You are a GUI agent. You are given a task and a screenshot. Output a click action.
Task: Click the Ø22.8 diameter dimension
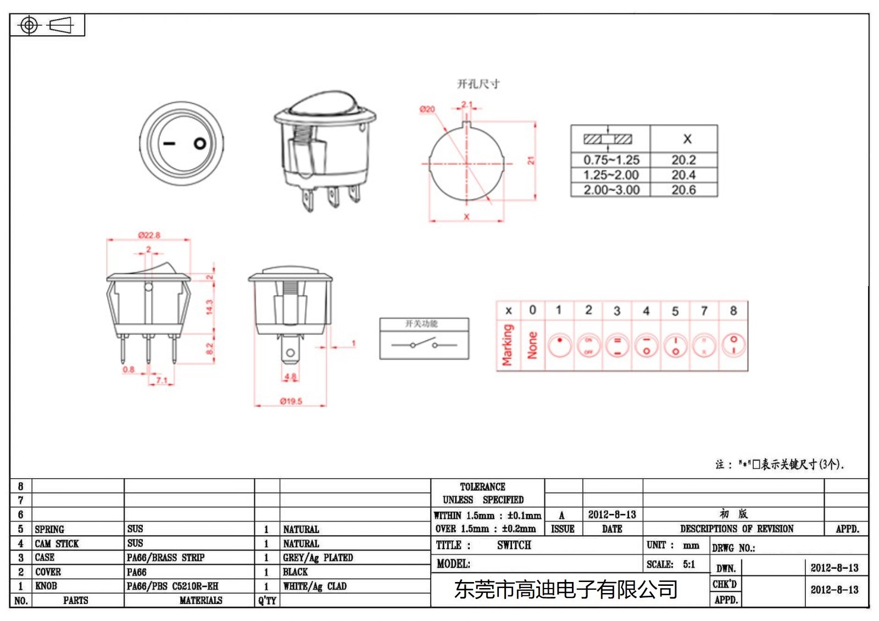(149, 235)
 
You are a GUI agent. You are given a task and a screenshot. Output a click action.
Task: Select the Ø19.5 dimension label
(291, 401)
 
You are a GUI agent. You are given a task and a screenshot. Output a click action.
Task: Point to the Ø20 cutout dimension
(427, 109)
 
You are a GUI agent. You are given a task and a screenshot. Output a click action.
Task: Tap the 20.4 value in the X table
(683, 175)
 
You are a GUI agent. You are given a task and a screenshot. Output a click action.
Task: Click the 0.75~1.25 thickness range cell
(611, 160)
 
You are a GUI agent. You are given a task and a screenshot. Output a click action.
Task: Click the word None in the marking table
(532, 345)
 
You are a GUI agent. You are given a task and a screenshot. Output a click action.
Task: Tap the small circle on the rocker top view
(200, 144)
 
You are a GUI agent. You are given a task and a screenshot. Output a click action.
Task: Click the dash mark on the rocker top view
(169, 144)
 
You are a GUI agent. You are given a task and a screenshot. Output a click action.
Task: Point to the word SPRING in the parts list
(49, 529)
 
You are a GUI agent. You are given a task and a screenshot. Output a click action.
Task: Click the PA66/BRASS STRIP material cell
(165, 558)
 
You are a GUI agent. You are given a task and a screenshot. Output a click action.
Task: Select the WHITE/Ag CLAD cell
(315, 586)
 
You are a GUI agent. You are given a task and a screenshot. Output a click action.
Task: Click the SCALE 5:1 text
(670, 564)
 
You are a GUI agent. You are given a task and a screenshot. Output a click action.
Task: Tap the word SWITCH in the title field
(514, 545)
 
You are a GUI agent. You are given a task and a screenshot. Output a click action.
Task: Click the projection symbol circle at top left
(29, 25)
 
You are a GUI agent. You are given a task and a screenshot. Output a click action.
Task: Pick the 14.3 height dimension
(209, 307)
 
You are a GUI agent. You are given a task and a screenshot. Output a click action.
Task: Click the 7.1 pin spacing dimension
(162, 380)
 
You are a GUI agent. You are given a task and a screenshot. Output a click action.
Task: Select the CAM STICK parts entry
(57, 544)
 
